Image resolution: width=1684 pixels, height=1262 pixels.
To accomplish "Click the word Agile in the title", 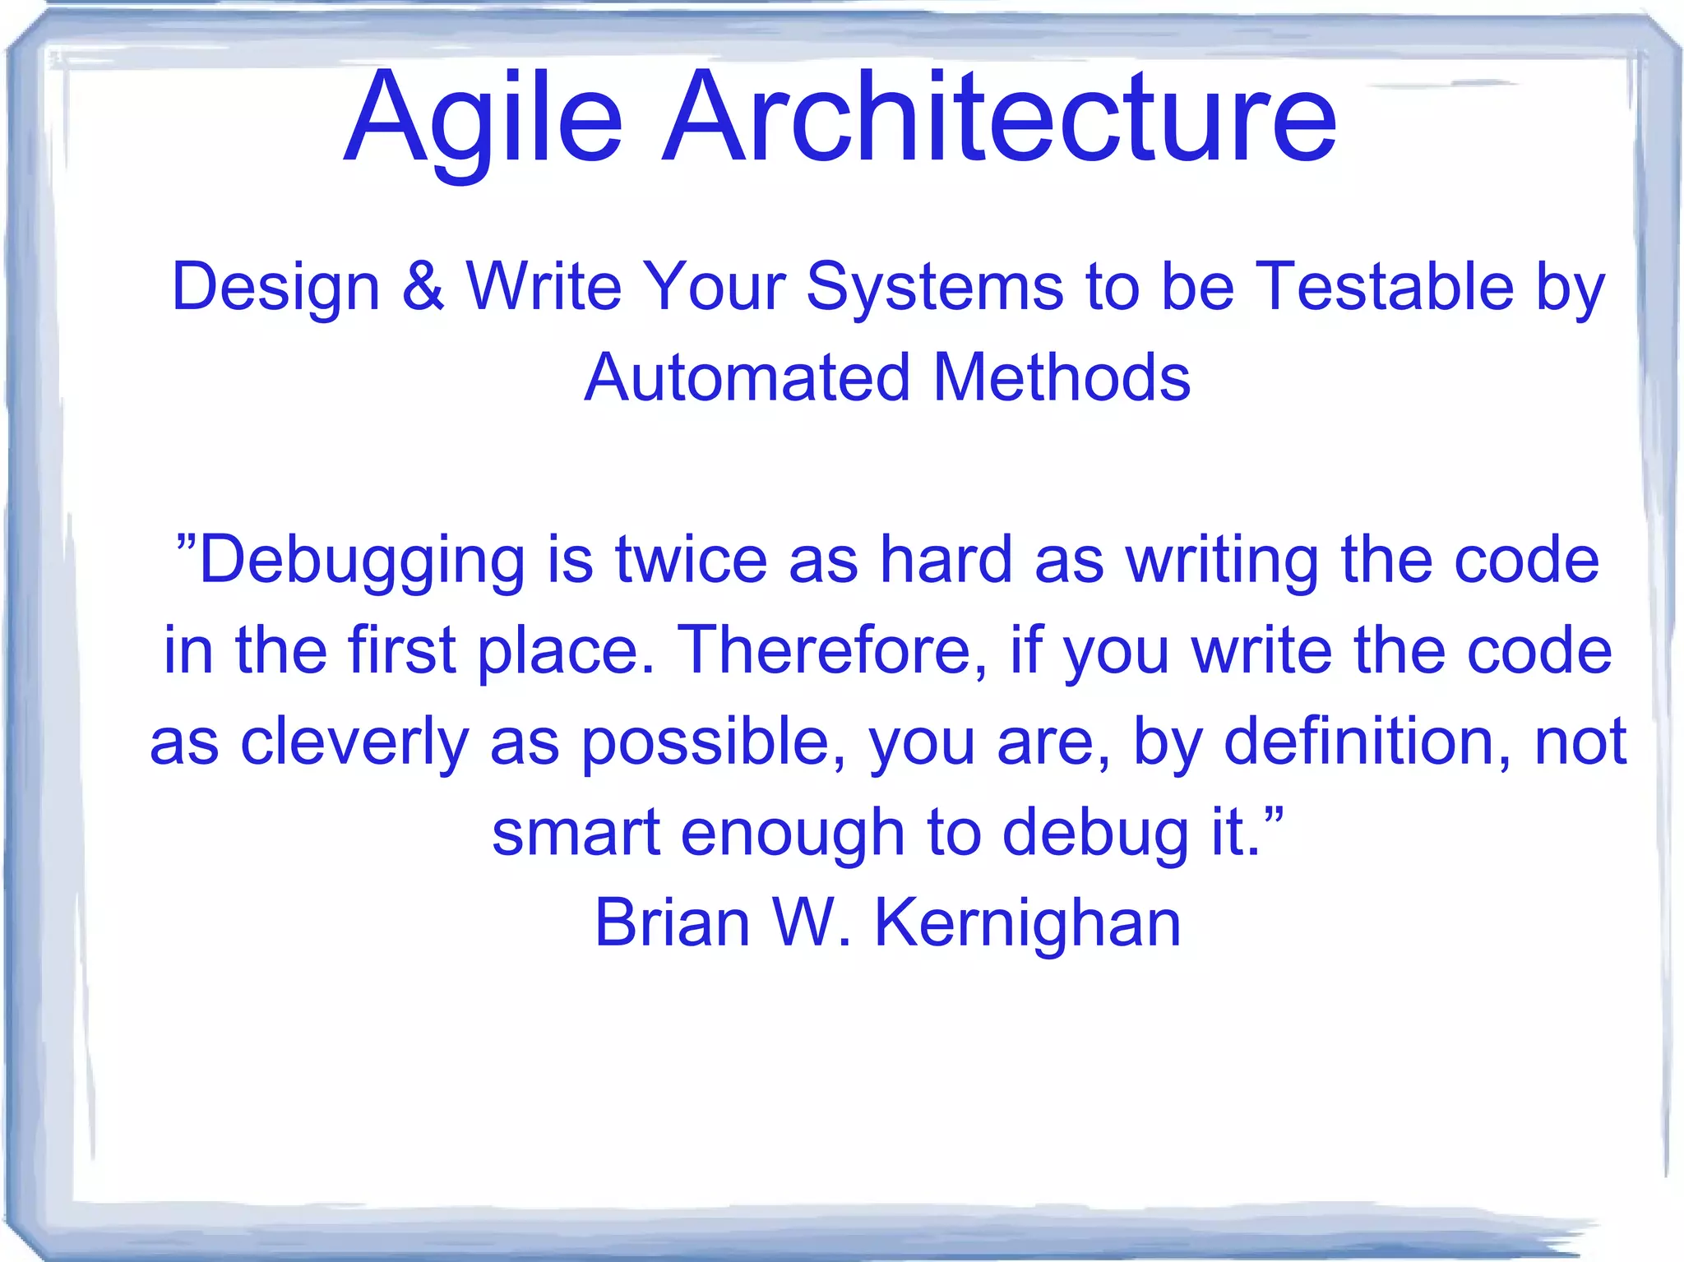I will (483, 119).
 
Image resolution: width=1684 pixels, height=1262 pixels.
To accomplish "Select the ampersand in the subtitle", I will (423, 286).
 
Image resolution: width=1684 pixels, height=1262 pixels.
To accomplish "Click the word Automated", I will (747, 377).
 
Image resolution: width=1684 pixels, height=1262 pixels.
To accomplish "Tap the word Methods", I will (1062, 377).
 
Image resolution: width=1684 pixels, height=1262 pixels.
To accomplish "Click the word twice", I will (691, 560).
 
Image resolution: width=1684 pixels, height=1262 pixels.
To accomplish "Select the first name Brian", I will (673, 922).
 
